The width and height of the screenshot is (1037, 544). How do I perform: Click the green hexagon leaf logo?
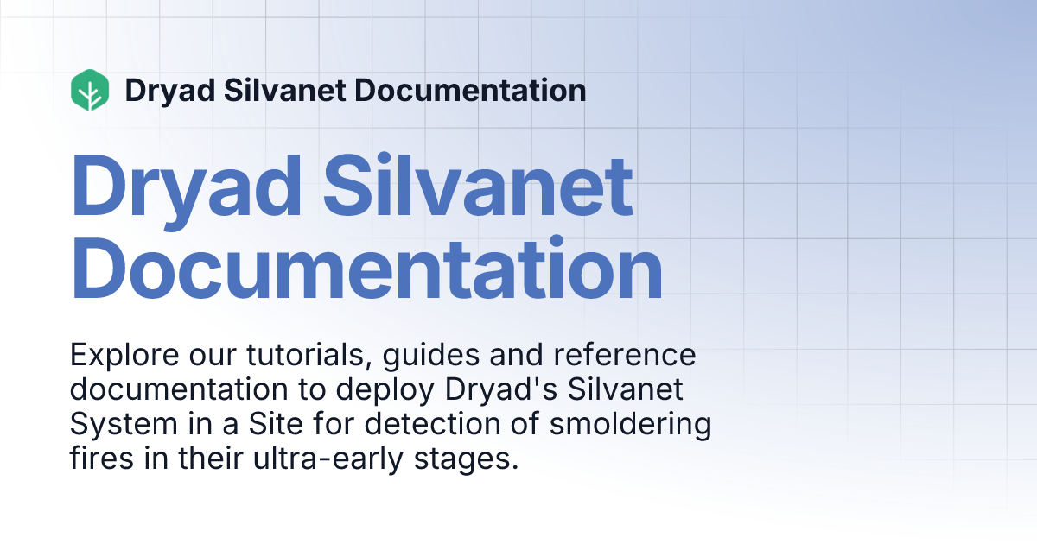(90, 90)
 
